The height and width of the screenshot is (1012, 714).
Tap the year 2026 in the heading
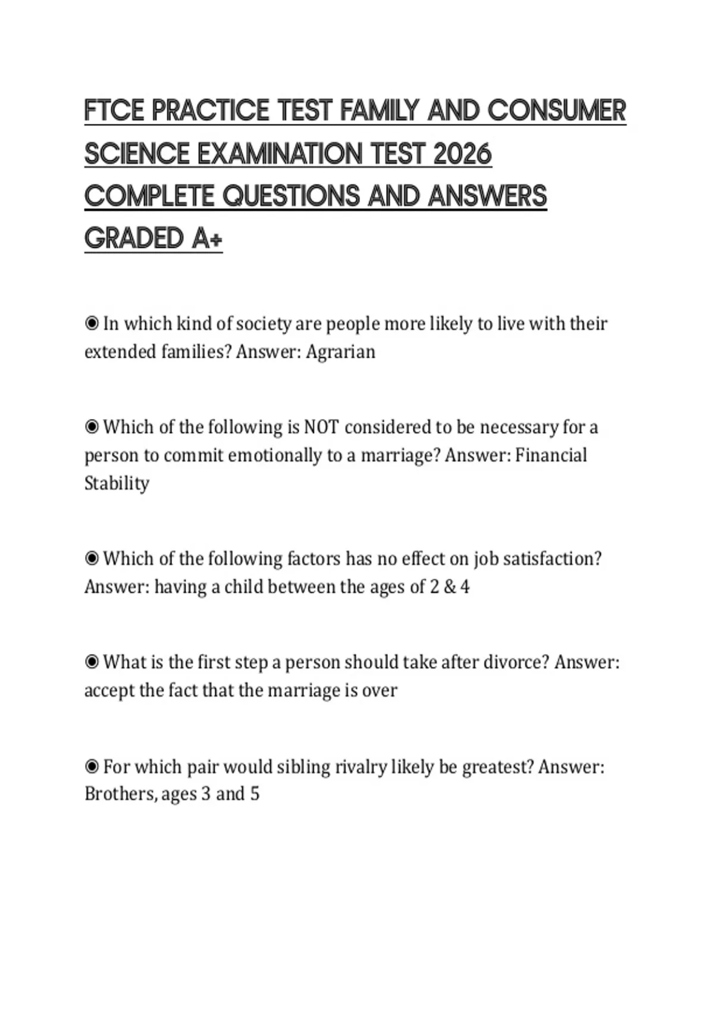pyautogui.click(x=462, y=154)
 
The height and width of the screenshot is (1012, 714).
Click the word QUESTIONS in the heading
pyautogui.click(x=292, y=196)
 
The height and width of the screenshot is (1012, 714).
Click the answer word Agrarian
pyautogui.click(x=340, y=352)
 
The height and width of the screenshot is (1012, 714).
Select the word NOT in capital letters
pyautogui.click(x=321, y=427)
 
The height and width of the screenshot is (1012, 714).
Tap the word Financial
pyautogui.click(x=551, y=455)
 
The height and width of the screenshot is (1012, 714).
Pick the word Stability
pyautogui.click(x=117, y=483)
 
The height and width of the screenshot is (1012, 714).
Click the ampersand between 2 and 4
pyautogui.click(x=449, y=587)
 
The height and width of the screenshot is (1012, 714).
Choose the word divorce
pyautogui.click(x=515, y=662)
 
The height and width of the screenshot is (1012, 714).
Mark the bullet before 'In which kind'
pyautogui.click(x=92, y=323)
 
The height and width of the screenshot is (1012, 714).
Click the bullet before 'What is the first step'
pyautogui.click(x=92, y=662)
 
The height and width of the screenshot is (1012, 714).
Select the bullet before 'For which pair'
pyautogui.click(x=92, y=766)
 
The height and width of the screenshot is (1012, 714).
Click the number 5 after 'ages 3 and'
pyautogui.click(x=255, y=794)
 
